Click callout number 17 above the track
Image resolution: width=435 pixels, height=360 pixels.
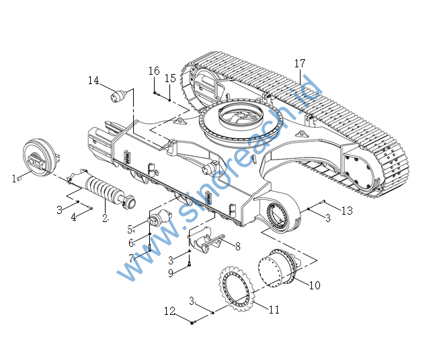point(300,63)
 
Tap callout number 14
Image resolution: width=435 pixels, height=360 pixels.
point(93,81)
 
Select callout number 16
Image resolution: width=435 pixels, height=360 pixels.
point(154,71)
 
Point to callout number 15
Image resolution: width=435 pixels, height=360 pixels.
point(170,78)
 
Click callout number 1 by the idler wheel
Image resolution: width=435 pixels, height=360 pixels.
point(14,178)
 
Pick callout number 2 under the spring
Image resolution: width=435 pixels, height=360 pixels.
point(105,218)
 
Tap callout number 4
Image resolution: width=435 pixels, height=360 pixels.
point(73,217)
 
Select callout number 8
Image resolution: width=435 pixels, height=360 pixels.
point(238,246)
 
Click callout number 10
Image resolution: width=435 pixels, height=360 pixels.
point(315,285)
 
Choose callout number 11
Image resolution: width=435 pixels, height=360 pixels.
point(274,310)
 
